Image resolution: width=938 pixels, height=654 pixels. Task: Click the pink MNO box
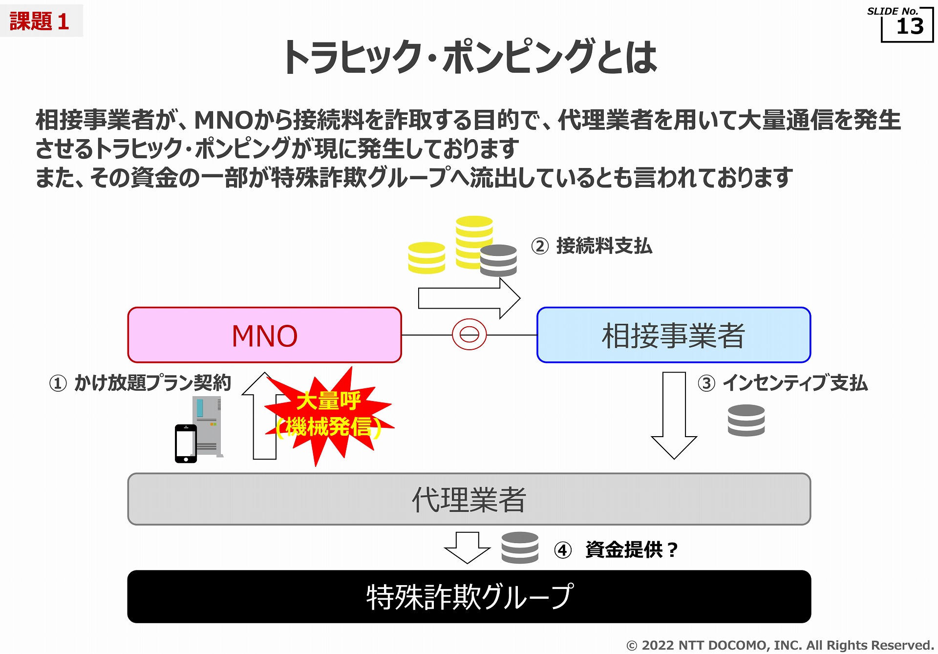264,335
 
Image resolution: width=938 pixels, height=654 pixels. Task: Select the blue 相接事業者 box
673,335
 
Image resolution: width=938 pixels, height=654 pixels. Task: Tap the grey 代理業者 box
469,499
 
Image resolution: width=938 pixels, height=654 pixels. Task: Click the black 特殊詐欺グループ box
469,596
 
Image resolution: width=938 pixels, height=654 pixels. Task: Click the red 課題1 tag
40,21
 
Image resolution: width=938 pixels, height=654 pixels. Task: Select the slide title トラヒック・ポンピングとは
469,58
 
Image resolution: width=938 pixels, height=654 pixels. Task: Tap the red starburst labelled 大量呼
328,415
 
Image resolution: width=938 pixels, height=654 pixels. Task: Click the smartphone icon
186,443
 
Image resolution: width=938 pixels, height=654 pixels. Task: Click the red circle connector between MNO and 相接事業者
469,335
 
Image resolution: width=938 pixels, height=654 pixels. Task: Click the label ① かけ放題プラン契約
140,383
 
